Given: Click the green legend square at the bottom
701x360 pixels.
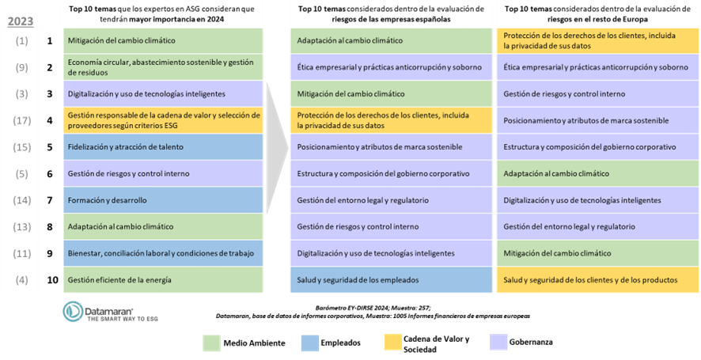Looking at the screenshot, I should point(211,343).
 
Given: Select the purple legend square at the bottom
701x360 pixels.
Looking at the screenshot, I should point(498,343).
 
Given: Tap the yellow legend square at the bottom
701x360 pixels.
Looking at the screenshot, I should point(392,343).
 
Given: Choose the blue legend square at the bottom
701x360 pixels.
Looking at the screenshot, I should point(310,343).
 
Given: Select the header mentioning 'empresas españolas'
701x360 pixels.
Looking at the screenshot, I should point(391,14).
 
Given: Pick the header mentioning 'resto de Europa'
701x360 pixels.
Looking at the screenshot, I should point(597,14).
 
